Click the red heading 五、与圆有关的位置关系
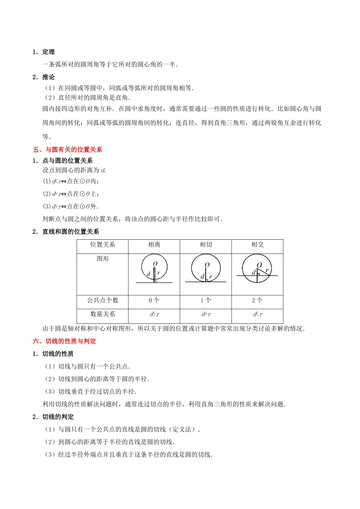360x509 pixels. [x=67, y=150]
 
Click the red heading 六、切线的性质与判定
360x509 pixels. [x=64, y=341]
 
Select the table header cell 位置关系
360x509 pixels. [x=103, y=245]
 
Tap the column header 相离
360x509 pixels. [x=154, y=245]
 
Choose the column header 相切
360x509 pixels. [x=206, y=245]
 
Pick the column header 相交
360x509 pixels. [x=257, y=245]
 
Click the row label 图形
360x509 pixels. [x=103, y=259]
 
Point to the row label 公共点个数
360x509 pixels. [x=103, y=300]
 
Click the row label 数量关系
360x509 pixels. [x=103, y=314]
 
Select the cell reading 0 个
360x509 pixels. [x=154, y=300]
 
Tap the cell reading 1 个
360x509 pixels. [x=206, y=300]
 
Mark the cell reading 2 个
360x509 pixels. [x=257, y=300]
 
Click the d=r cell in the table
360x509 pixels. [x=206, y=314]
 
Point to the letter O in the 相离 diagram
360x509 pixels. [x=155, y=264]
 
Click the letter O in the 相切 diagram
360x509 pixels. [x=207, y=265]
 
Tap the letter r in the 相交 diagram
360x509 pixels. [x=267, y=270]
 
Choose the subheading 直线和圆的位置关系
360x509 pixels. [x=70, y=232]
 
